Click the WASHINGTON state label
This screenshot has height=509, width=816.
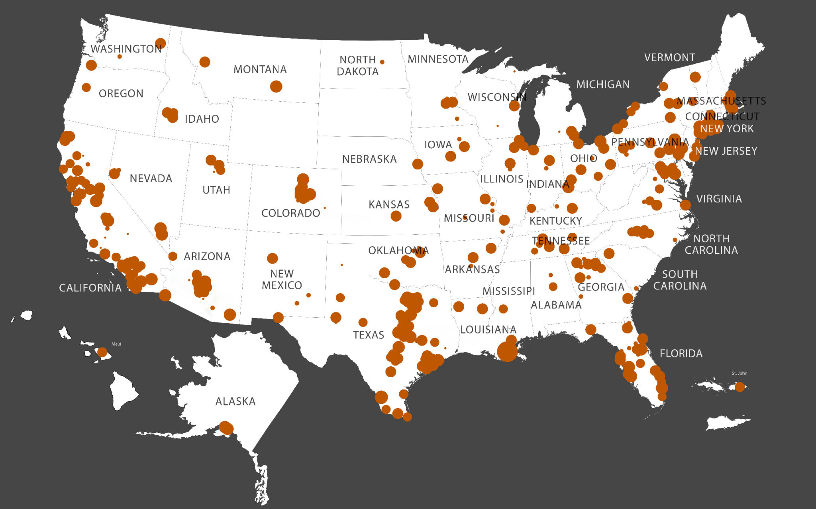click(x=126, y=49)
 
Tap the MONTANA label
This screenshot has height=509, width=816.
click(x=260, y=69)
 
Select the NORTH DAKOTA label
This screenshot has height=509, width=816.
click(x=357, y=66)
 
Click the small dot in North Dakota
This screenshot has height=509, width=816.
click(x=382, y=62)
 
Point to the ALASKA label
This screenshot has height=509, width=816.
click(x=235, y=401)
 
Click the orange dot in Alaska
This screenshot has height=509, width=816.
click(x=226, y=428)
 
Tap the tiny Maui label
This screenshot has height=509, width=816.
click(x=116, y=344)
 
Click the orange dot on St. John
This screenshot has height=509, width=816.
click(x=739, y=387)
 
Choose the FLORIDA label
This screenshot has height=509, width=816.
click(x=681, y=354)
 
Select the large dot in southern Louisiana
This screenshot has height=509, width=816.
click(x=507, y=352)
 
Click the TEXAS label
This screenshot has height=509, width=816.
click(x=369, y=335)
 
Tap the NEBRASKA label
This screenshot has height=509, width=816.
click(x=369, y=159)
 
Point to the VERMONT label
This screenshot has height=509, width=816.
click(x=669, y=57)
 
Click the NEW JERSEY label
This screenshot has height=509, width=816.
click(x=726, y=151)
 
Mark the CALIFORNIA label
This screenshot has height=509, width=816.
click(x=90, y=288)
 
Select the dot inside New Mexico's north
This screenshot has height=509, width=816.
click(x=272, y=258)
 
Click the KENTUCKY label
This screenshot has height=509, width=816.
click(x=555, y=221)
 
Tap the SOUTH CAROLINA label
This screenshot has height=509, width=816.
click(x=680, y=280)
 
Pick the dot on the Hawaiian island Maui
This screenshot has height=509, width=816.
click(x=102, y=352)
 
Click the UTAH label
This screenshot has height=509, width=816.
click(x=216, y=190)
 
